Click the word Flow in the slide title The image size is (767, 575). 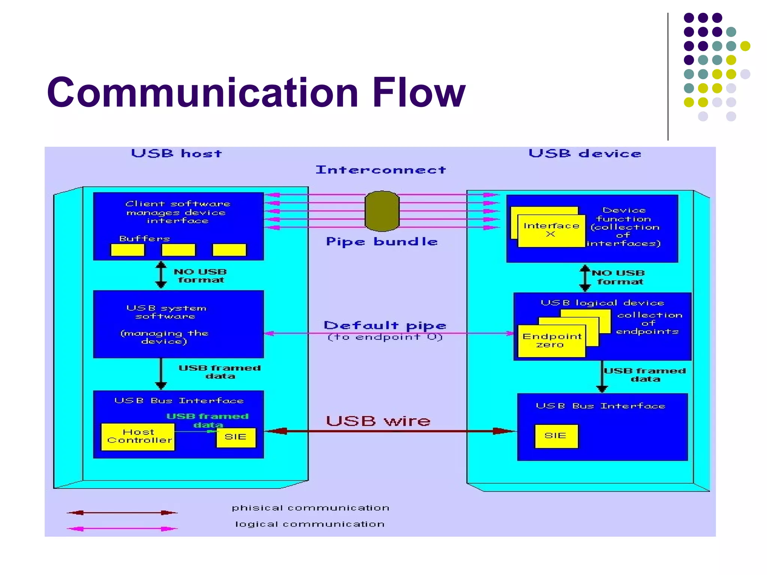tap(418, 92)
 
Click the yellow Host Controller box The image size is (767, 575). tap(138, 436)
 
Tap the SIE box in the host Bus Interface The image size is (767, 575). tap(236, 437)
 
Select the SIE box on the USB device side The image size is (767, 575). tap(556, 436)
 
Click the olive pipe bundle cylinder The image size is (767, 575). tap(382, 211)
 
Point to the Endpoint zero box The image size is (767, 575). tap(551, 341)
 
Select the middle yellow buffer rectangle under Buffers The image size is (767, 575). tap(178, 250)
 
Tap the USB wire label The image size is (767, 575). tap(378, 421)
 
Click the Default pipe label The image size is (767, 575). tap(385, 325)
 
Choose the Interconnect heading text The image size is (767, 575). tap(381, 170)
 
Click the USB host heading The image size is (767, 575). tap(176, 153)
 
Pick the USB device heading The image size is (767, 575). tap(585, 153)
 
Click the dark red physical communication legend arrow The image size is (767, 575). tap(122, 513)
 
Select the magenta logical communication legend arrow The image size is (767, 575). tap(122, 529)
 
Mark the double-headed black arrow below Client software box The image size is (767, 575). tap(161, 275)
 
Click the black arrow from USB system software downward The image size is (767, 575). tap(161, 374)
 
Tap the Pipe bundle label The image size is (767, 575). tap(382, 241)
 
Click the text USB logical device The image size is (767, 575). tap(602, 303)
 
